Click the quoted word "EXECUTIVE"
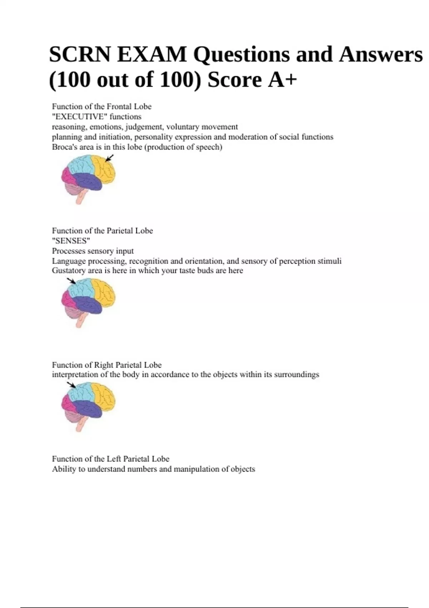pyautogui.click(x=79, y=117)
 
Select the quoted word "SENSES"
pyautogui.click(x=71, y=241)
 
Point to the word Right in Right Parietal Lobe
pyautogui.click(x=103, y=365)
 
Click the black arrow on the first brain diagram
pyautogui.click(x=110, y=158)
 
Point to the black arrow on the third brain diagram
pyautogui.click(x=71, y=384)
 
